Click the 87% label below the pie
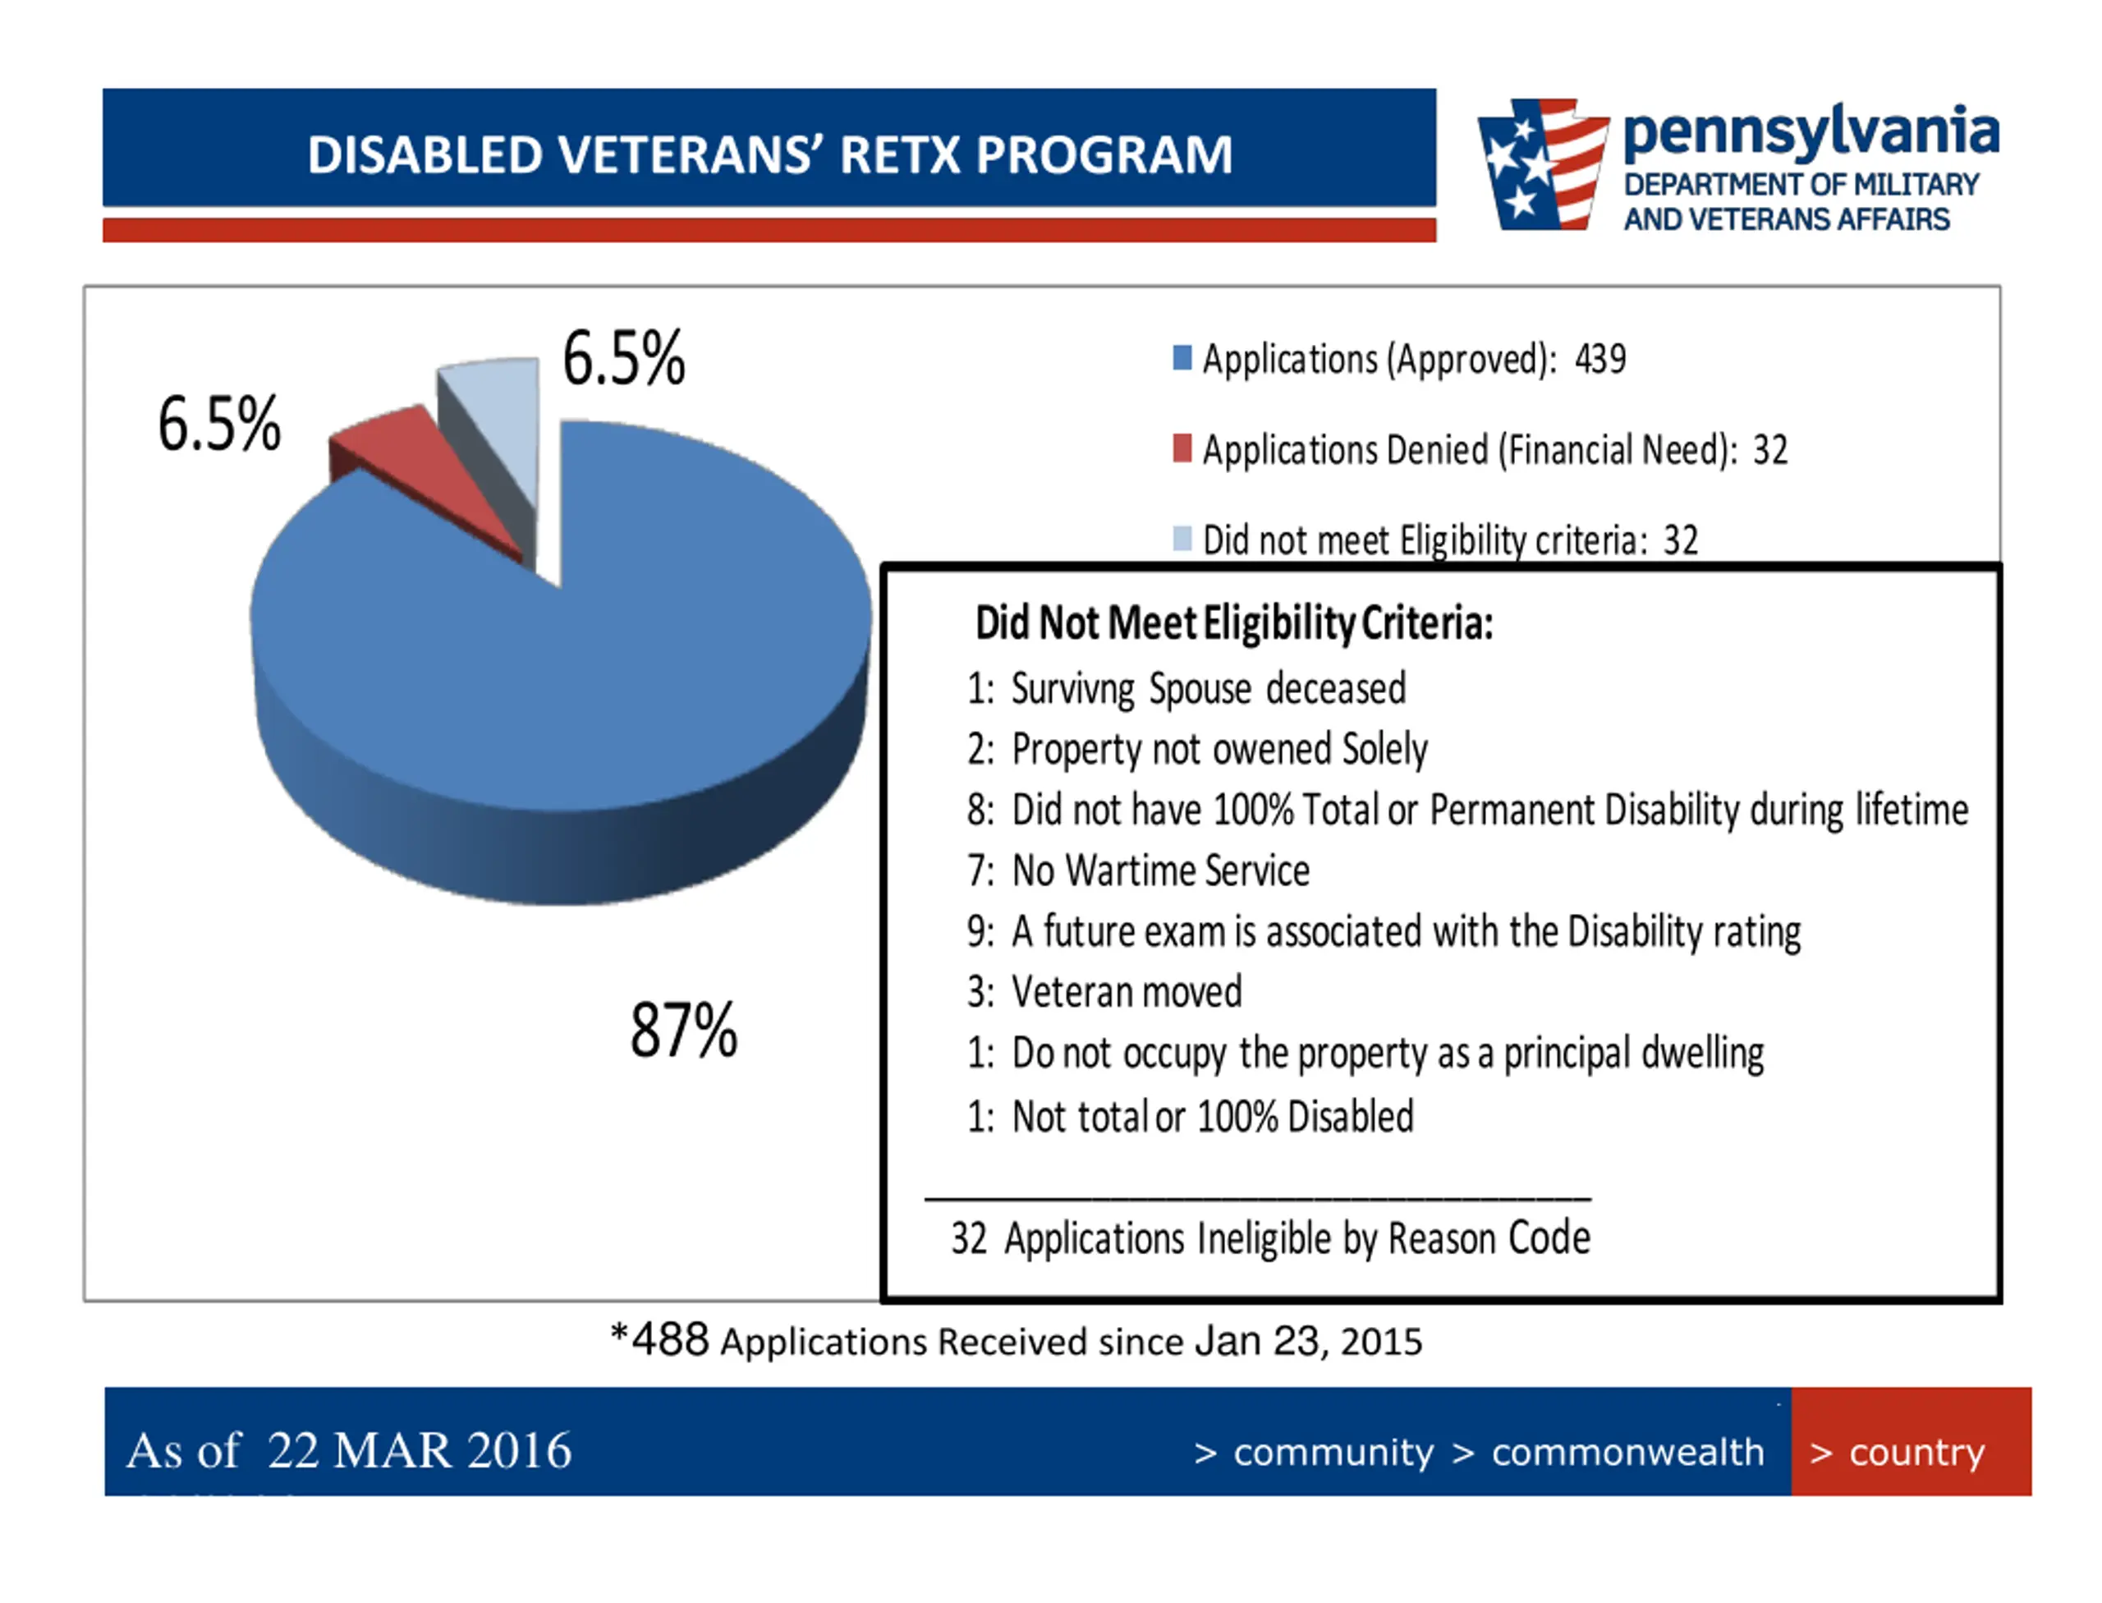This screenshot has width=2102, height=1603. click(x=683, y=1031)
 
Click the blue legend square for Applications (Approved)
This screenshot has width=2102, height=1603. click(x=1182, y=358)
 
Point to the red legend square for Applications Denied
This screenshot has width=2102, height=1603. click(x=1182, y=448)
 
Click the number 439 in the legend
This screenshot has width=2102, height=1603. click(x=1600, y=360)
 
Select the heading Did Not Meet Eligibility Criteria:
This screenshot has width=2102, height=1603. click(x=1232, y=623)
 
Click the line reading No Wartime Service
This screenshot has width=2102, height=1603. click(x=1159, y=871)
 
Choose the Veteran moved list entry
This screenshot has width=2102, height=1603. click(x=1126, y=992)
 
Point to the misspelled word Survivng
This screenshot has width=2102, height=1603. click(x=1072, y=689)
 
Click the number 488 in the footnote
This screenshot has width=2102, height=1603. click(x=670, y=1340)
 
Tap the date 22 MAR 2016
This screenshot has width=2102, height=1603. click(x=419, y=1450)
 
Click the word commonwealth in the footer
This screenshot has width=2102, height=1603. click(x=1627, y=1452)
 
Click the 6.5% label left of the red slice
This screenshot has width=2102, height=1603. click(x=219, y=424)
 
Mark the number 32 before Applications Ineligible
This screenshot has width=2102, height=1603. click(x=968, y=1238)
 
